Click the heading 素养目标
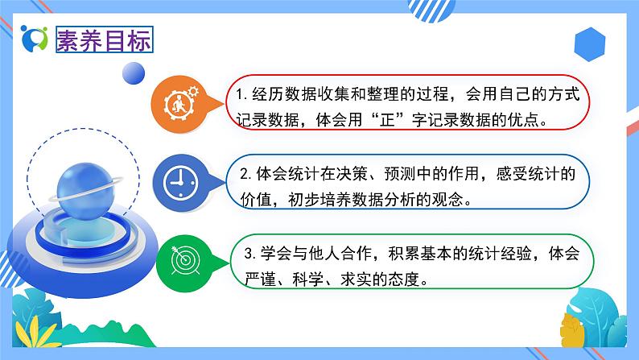[x=102, y=39]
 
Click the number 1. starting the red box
[x=241, y=95]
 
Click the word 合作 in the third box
[x=367, y=254]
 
